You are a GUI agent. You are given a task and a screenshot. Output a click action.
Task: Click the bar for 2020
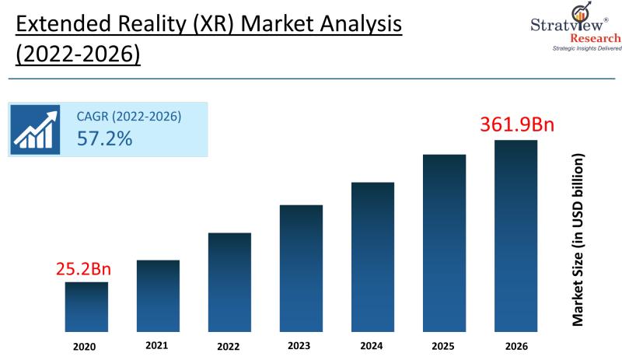tap(86, 306)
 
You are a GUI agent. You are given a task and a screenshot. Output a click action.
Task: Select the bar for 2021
tap(158, 295)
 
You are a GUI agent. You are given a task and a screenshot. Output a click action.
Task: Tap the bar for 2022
tap(229, 282)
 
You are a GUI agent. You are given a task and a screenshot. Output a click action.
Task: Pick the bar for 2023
tap(301, 268)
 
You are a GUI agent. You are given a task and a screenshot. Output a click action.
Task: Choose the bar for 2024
tap(372, 257)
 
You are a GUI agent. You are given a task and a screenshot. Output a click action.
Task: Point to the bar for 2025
tap(444, 243)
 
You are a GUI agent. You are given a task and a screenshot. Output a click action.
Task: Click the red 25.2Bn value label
tap(83, 270)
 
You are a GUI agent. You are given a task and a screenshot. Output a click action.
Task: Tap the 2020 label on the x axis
tap(86, 346)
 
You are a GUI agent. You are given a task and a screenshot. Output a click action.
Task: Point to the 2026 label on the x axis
tap(515, 346)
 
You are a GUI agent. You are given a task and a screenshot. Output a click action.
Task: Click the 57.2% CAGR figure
tap(104, 139)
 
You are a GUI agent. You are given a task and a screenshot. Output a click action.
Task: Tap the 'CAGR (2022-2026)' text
tap(129, 117)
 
